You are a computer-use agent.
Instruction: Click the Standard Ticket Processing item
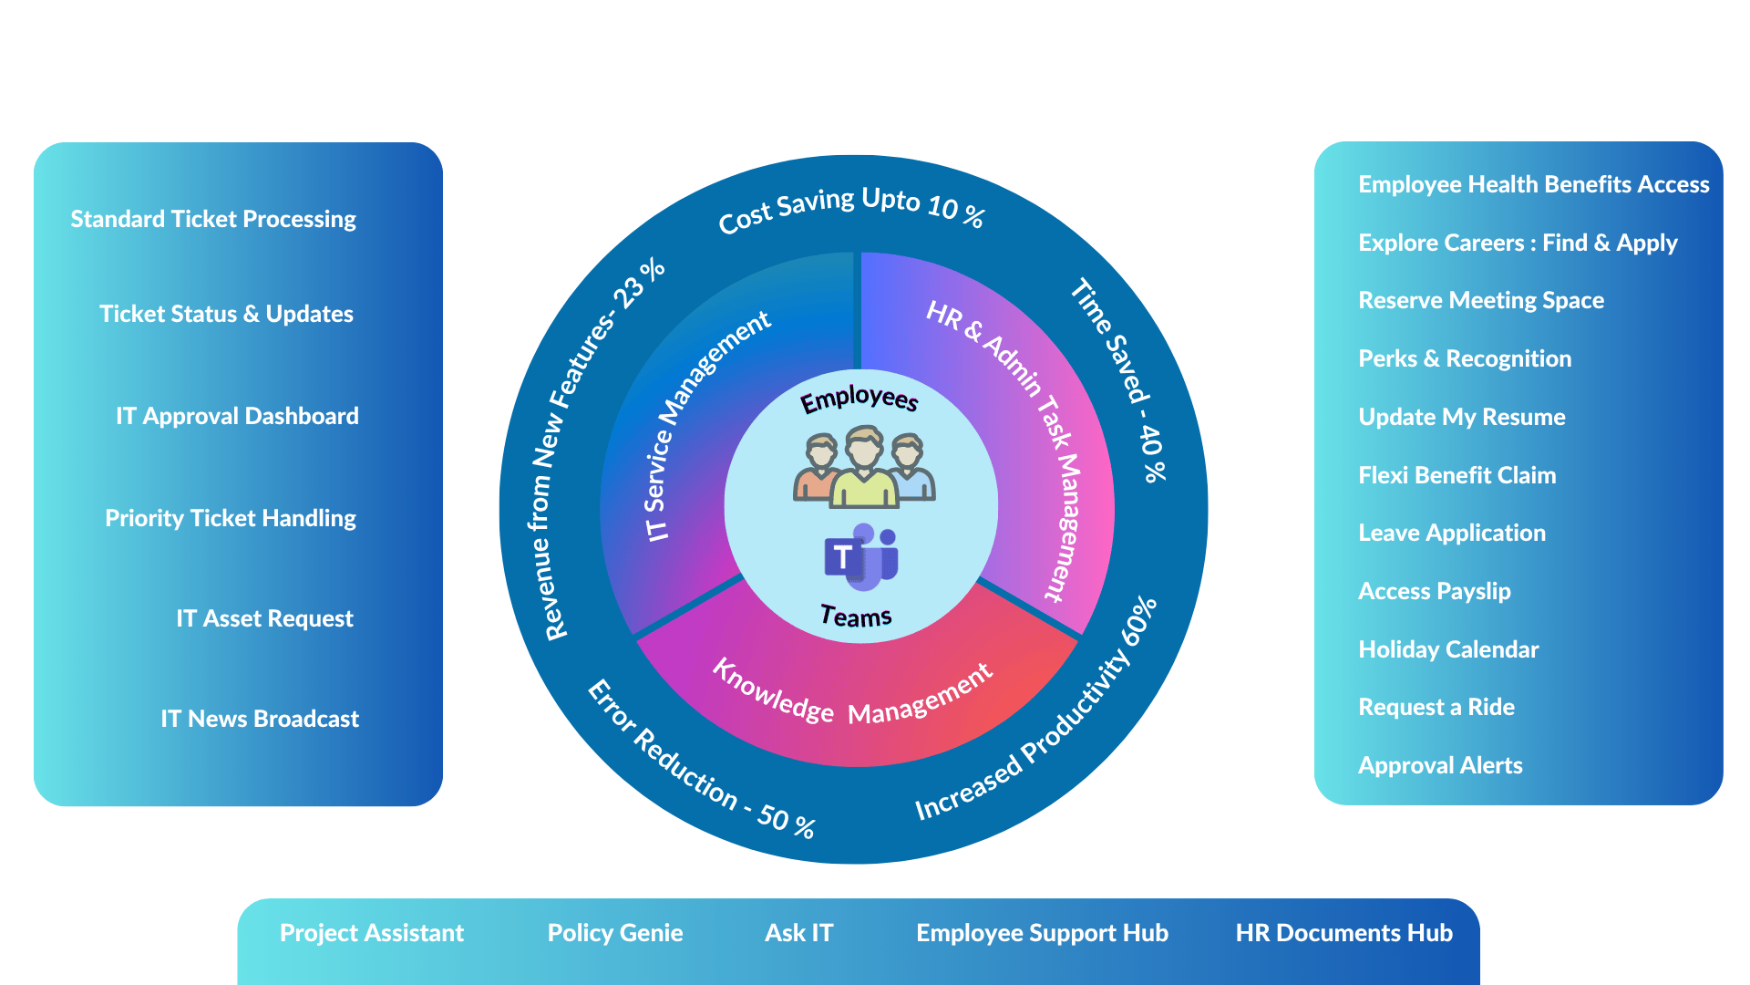pos(213,220)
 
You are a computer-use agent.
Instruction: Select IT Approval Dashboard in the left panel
pos(237,417)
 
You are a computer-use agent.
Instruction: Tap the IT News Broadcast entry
pos(260,719)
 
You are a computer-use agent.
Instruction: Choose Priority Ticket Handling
pos(231,519)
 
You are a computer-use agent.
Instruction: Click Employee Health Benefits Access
pos(1534,184)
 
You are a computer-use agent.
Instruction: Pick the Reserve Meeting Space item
pos(1481,301)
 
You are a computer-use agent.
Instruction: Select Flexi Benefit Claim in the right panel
pos(1457,475)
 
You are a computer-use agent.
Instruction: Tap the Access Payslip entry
pos(1434,592)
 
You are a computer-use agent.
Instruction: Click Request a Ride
pos(1436,707)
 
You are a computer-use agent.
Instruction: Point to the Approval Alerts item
pos(1440,766)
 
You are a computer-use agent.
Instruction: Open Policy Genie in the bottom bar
pos(615,933)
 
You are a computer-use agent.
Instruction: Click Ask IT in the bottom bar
pos(799,933)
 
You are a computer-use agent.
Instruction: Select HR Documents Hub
pos(1344,933)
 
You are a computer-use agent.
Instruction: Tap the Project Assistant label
pos(372,933)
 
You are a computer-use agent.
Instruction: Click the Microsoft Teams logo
pos(861,555)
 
